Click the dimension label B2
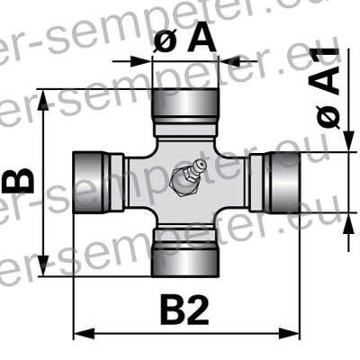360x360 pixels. tap(184, 310)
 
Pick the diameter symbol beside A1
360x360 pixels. tap(328, 114)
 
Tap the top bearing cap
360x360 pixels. tap(186, 106)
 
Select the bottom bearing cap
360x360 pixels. tap(186, 256)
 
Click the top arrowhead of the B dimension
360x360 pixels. tap(45, 95)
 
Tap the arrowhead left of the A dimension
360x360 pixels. tap(146, 61)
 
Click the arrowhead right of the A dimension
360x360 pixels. tap(226, 61)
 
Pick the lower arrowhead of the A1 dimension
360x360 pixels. tap(347, 219)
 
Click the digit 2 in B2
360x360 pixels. tap(199, 310)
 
